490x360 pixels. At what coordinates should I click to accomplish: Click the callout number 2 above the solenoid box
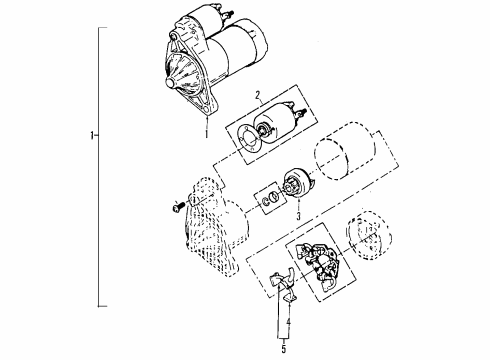pyautogui.click(x=258, y=98)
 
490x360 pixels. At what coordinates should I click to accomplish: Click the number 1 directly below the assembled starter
pyautogui.click(x=206, y=129)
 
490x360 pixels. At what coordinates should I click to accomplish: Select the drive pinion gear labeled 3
pyautogui.click(x=297, y=187)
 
